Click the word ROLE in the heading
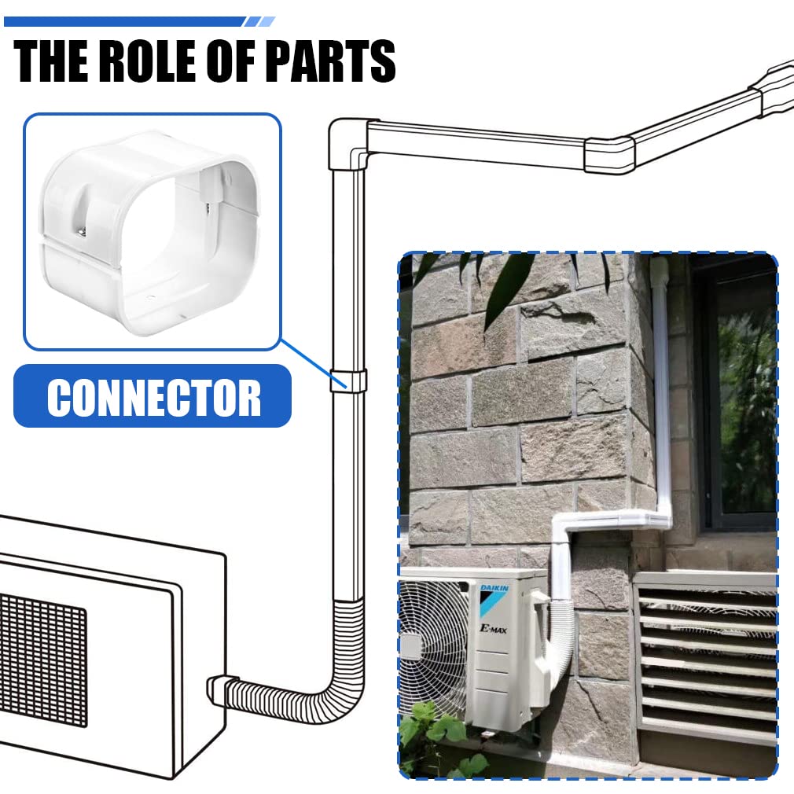149,61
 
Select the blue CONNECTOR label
153,396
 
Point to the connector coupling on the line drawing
348,380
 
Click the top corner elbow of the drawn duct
347,143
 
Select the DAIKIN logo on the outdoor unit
494,588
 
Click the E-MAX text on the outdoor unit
493,629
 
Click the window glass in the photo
745,410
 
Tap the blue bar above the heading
139,22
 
